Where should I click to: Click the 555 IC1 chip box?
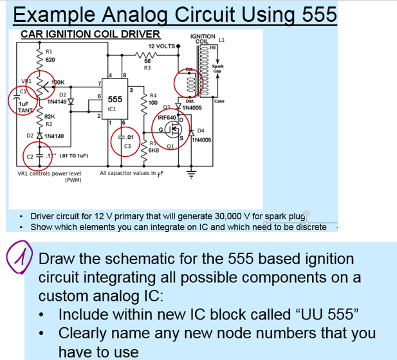[115, 102]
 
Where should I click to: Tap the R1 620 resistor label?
[50, 54]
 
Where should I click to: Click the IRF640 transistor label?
[167, 119]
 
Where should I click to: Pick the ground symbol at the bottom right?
[190, 173]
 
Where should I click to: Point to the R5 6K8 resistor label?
[154, 147]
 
